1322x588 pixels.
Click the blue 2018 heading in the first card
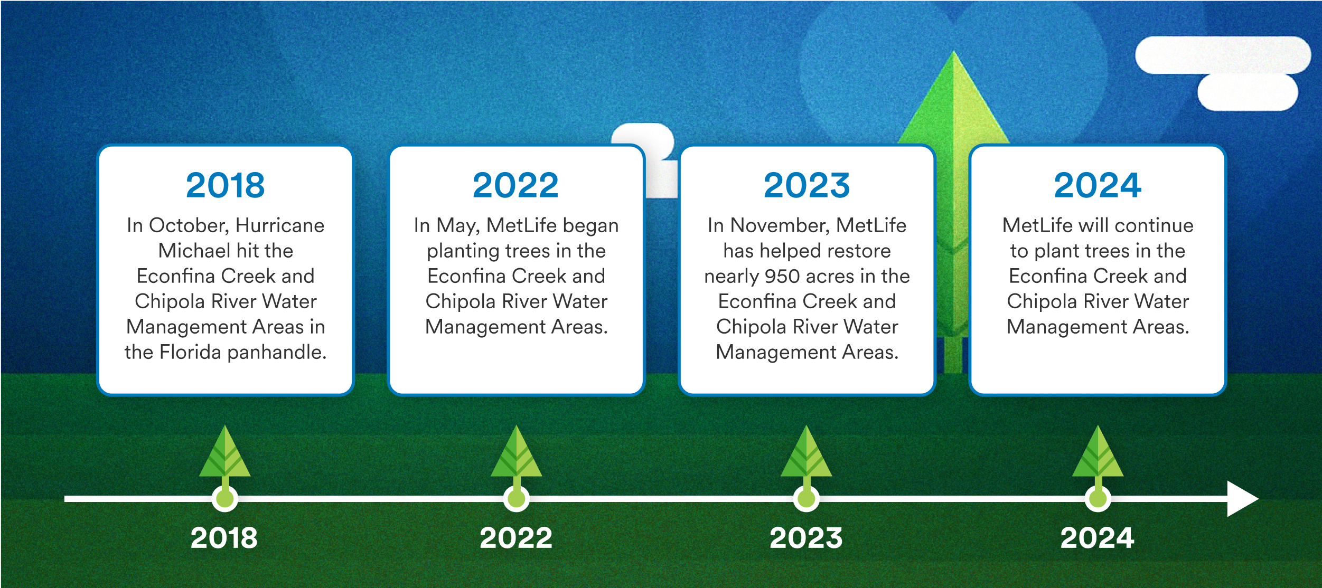point(225,185)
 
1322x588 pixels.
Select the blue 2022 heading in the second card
point(515,185)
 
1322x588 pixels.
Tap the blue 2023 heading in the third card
point(807,185)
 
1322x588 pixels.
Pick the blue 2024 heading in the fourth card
point(1098,185)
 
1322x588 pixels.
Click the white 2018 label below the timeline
point(224,538)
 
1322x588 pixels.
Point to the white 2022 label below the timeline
point(515,538)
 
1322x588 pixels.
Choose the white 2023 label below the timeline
point(806,538)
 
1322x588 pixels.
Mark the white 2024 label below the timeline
point(1097,538)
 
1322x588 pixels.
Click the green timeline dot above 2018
point(225,498)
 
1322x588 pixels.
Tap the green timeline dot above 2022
point(516,498)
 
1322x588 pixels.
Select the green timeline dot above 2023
point(807,498)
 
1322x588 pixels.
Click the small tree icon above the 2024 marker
point(1098,455)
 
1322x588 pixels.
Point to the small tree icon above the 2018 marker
point(225,455)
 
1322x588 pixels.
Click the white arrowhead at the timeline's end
point(1242,498)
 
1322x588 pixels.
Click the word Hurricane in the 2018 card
point(280,225)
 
